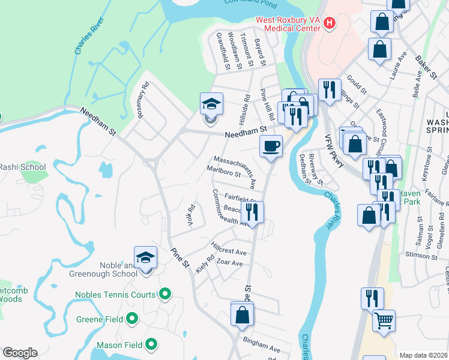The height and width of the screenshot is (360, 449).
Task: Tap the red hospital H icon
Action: click(x=328, y=23)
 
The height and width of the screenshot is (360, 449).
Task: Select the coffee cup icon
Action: click(x=271, y=145)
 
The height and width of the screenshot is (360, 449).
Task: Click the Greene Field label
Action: click(x=99, y=319)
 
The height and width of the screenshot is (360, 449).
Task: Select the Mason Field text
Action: click(x=119, y=345)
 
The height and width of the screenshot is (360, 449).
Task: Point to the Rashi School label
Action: click(x=22, y=167)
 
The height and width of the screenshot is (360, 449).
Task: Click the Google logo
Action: click(x=19, y=353)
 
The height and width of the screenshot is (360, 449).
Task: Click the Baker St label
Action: click(x=426, y=65)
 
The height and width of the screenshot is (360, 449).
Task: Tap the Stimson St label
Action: click(x=419, y=256)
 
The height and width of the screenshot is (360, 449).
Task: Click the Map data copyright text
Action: click(x=424, y=355)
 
